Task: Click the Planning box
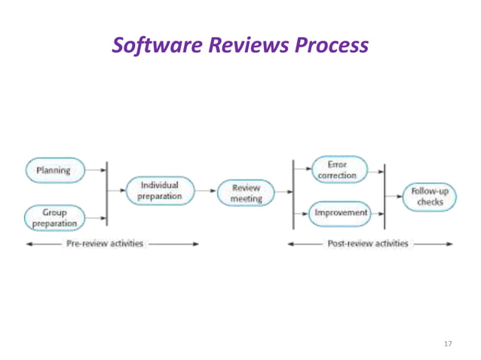pyautogui.click(x=54, y=170)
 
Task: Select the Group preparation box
pyautogui.click(x=54, y=218)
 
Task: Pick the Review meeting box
pyautogui.click(x=246, y=193)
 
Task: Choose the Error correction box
pyautogui.click(x=339, y=169)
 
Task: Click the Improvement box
pyautogui.click(x=341, y=213)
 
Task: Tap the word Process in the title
pyautogui.click(x=332, y=45)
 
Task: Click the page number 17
pyautogui.click(x=448, y=343)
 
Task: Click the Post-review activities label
pyautogui.click(x=367, y=244)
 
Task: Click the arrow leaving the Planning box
pyautogui.click(x=96, y=170)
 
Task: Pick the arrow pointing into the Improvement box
pyautogui.click(x=302, y=213)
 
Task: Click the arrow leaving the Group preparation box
pyautogui.click(x=96, y=220)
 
